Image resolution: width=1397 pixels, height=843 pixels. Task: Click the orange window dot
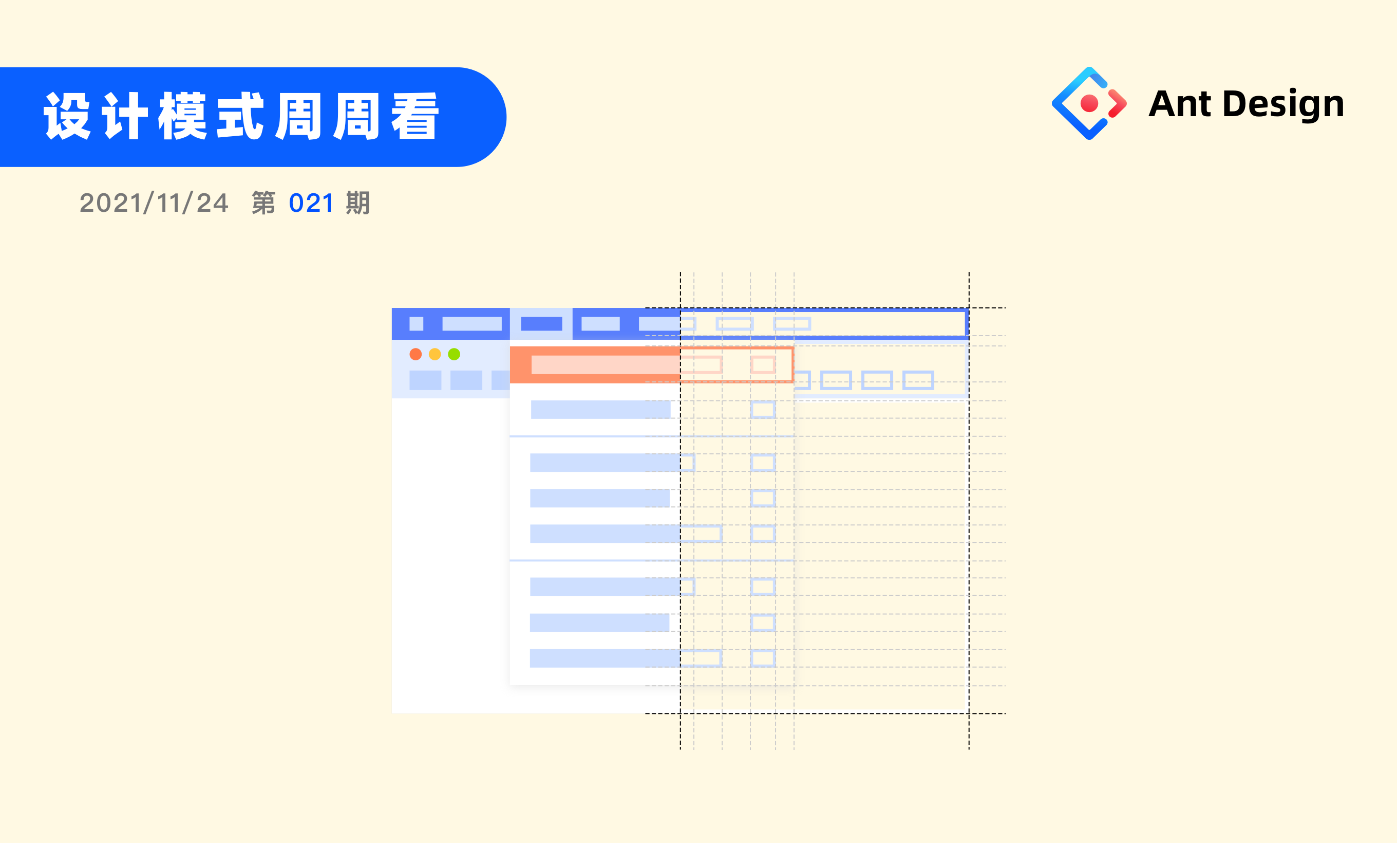coord(416,354)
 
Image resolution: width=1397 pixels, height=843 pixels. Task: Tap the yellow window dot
coord(435,354)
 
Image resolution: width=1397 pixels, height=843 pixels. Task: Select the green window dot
coord(454,354)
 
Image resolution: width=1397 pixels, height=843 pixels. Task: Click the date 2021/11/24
coord(154,203)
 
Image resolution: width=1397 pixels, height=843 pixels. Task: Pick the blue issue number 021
coord(311,203)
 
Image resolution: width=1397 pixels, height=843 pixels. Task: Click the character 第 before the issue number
coord(263,203)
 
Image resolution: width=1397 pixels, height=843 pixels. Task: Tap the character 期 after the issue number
coord(358,203)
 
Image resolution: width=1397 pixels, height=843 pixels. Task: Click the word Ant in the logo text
coord(1180,104)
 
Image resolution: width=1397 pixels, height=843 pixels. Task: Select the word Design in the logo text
coord(1283,105)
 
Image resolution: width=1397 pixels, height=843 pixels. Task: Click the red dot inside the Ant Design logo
coord(1089,103)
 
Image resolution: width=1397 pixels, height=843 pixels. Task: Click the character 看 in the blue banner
coord(415,116)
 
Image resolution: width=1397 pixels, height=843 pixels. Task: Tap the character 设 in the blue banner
coord(67,116)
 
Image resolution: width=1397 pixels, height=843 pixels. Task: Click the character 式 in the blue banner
coord(241,116)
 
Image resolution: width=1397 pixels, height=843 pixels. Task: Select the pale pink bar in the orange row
coord(606,365)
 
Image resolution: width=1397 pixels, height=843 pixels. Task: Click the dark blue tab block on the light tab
coord(541,324)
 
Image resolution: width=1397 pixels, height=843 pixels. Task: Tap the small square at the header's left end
coord(416,324)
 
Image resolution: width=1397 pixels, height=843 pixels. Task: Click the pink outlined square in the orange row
coord(763,365)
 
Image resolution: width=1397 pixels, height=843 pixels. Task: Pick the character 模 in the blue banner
coord(182,116)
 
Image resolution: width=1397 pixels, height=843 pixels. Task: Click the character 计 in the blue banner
coord(125,116)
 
